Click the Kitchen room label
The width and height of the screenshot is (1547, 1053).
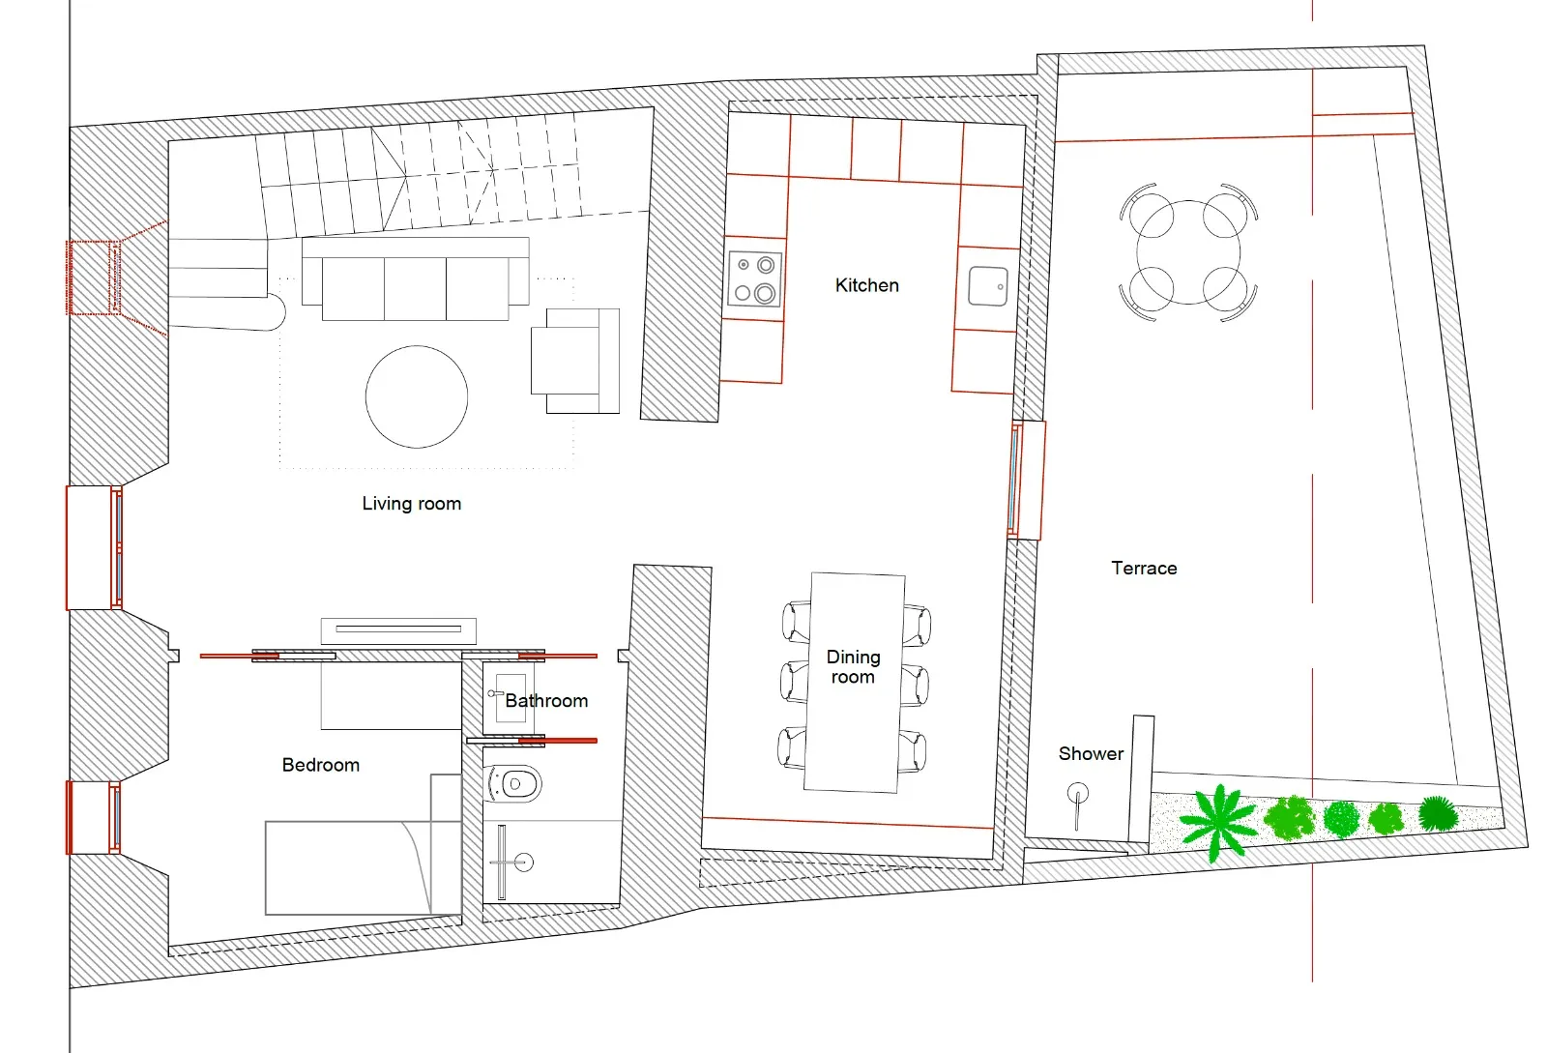coord(866,285)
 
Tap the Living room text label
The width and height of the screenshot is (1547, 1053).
coord(411,503)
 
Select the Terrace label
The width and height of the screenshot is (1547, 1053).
coord(1144,568)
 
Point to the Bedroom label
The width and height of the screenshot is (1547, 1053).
coord(320,765)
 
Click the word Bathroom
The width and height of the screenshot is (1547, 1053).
coord(546,701)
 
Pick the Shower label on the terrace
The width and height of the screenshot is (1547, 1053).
coord(1091,753)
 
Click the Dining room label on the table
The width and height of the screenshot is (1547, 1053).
coord(853,666)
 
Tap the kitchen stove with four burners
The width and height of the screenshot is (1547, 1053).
coord(754,278)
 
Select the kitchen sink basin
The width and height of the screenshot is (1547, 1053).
coord(987,286)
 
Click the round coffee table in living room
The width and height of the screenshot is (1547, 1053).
coord(417,396)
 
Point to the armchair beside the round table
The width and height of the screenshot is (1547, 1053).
coord(574,361)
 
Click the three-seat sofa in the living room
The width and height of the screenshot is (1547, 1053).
coord(415,280)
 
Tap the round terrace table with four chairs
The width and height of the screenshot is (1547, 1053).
coord(1188,251)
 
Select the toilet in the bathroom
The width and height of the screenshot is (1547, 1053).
coord(515,783)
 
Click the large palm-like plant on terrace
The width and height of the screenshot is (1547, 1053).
coord(1218,820)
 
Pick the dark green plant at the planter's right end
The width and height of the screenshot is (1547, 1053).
coord(1438,813)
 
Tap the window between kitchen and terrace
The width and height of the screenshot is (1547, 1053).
coord(1016,480)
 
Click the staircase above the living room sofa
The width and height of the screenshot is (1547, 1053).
coord(425,179)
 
